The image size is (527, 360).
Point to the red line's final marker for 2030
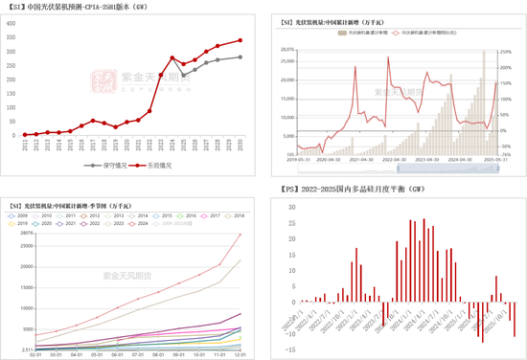240,40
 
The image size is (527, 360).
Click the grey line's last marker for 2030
240,57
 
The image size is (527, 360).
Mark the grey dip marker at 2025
184,72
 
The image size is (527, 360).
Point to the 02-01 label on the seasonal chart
35,353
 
